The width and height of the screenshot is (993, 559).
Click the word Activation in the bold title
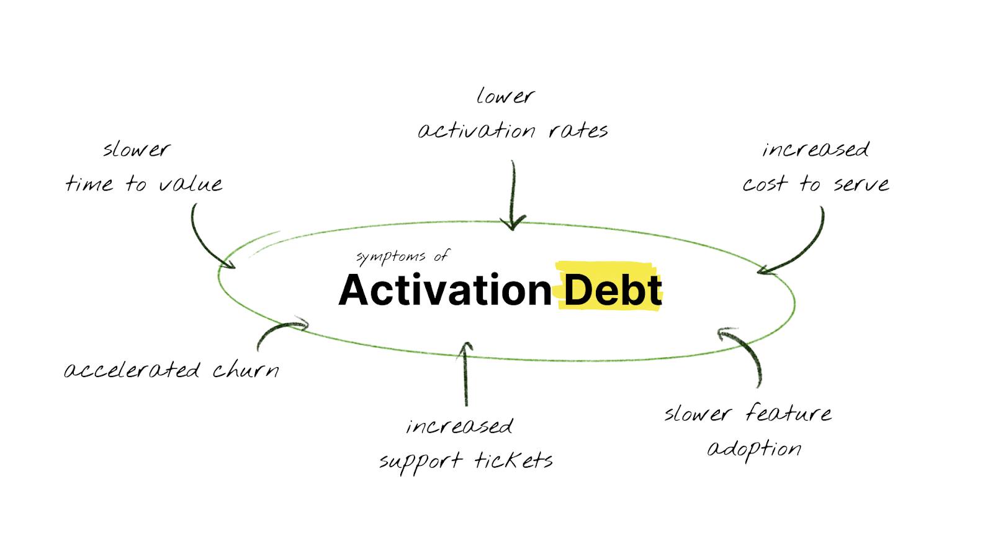pos(445,291)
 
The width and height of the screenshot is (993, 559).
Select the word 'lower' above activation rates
pos(505,96)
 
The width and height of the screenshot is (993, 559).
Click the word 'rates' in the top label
pos(578,130)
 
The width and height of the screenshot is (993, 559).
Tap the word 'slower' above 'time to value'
pos(136,150)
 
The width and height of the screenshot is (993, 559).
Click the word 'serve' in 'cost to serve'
pos(861,184)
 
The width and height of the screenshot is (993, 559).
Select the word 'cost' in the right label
pos(765,184)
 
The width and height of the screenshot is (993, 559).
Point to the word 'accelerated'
pos(132,370)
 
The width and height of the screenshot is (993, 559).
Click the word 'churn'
pos(246,370)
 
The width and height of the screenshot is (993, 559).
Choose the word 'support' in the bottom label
pos(421,461)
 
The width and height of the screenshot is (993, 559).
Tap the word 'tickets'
pos(513,460)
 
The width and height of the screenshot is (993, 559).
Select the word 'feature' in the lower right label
pos(788,413)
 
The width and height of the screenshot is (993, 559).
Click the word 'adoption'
pos(754,448)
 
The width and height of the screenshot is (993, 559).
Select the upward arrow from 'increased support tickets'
pos(465,373)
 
